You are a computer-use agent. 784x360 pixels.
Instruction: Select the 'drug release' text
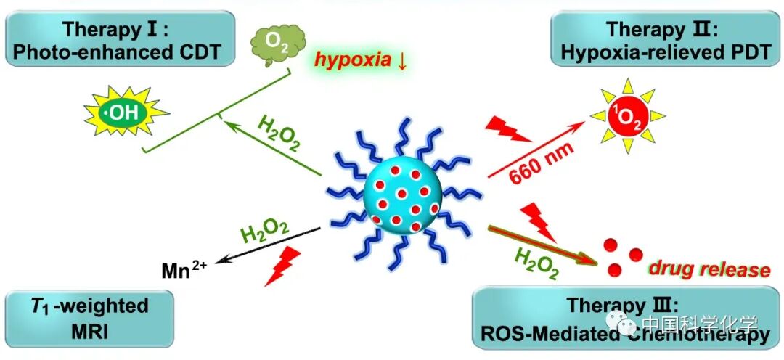[709, 270]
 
